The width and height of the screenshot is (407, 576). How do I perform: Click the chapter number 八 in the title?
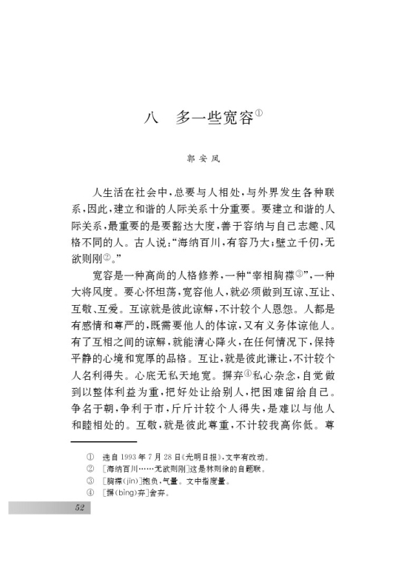click(x=153, y=118)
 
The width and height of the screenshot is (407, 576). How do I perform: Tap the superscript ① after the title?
click(x=260, y=113)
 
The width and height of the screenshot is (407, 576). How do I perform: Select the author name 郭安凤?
click(x=203, y=158)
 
